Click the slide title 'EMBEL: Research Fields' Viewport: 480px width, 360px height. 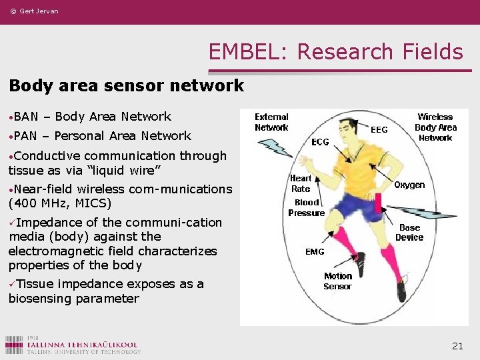tap(335, 51)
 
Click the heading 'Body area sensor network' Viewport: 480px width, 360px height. tap(127, 86)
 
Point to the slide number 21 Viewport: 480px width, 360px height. tap(457, 345)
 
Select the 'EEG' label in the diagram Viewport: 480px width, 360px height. tap(379, 130)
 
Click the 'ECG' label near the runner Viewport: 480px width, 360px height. tap(320, 142)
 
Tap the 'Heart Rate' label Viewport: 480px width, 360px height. tap(301, 183)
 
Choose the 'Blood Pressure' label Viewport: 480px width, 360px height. tap(307, 207)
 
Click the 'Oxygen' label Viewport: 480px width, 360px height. tap(409, 185)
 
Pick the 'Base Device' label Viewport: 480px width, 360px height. tap(409, 233)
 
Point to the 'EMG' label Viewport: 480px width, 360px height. tap(315, 252)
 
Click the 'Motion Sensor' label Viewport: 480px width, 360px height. tap(337, 281)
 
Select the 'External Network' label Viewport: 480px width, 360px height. tap(271, 122)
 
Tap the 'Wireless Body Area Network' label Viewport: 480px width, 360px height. tap(435, 127)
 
